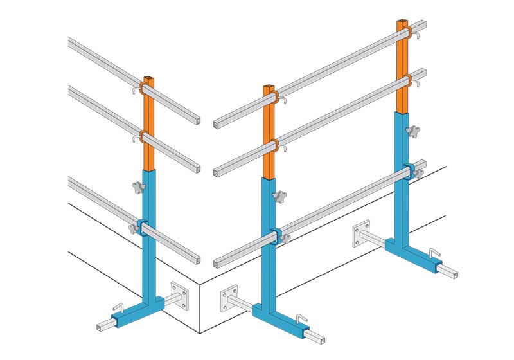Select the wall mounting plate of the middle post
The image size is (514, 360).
(229, 299)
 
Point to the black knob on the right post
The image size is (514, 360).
(412, 132)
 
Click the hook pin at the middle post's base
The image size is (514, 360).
(301, 318)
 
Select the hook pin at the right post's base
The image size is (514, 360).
(436, 252)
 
